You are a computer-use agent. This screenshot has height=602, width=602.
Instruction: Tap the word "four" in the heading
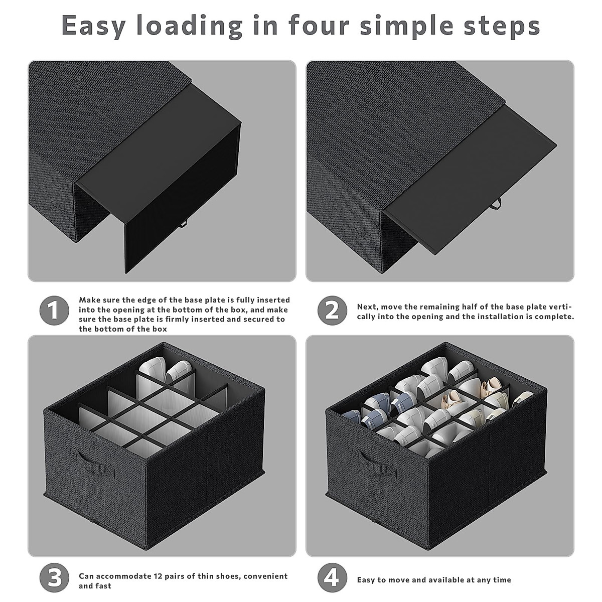(319, 25)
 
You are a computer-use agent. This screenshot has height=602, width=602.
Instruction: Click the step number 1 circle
(54, 311)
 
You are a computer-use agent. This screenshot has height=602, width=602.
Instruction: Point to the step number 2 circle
(333, 311)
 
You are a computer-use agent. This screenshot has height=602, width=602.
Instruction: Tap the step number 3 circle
(54, 577)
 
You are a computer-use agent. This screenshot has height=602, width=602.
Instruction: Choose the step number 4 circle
(333, 577)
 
